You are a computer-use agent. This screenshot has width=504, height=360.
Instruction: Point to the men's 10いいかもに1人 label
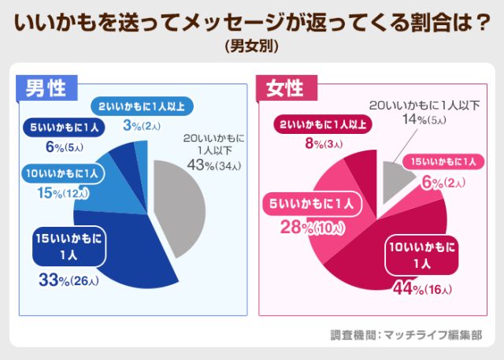tap(62, 173)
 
